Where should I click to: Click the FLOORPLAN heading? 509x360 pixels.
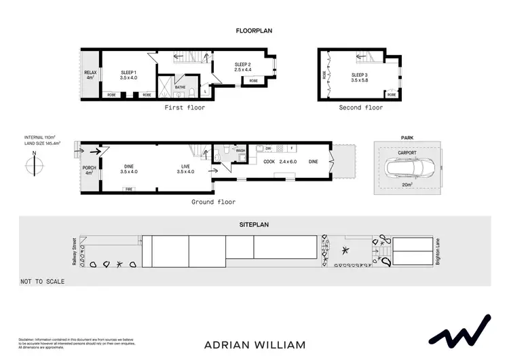click(254, 31)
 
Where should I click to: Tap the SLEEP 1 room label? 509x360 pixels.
click(129, 72)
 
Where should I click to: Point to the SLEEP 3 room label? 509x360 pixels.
click(360, 74)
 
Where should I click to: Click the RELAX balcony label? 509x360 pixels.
click(90, 73)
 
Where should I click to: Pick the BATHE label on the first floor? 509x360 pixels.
click(180, 87)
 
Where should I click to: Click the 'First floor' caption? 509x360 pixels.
click(185, 108)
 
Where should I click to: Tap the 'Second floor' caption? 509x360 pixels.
click(360, 108)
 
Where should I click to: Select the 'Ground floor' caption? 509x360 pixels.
click(214, 202)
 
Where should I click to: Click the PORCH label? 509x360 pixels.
click(89, 168)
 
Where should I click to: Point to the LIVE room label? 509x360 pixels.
click(185, 166)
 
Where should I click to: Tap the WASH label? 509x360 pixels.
click(240, 151)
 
